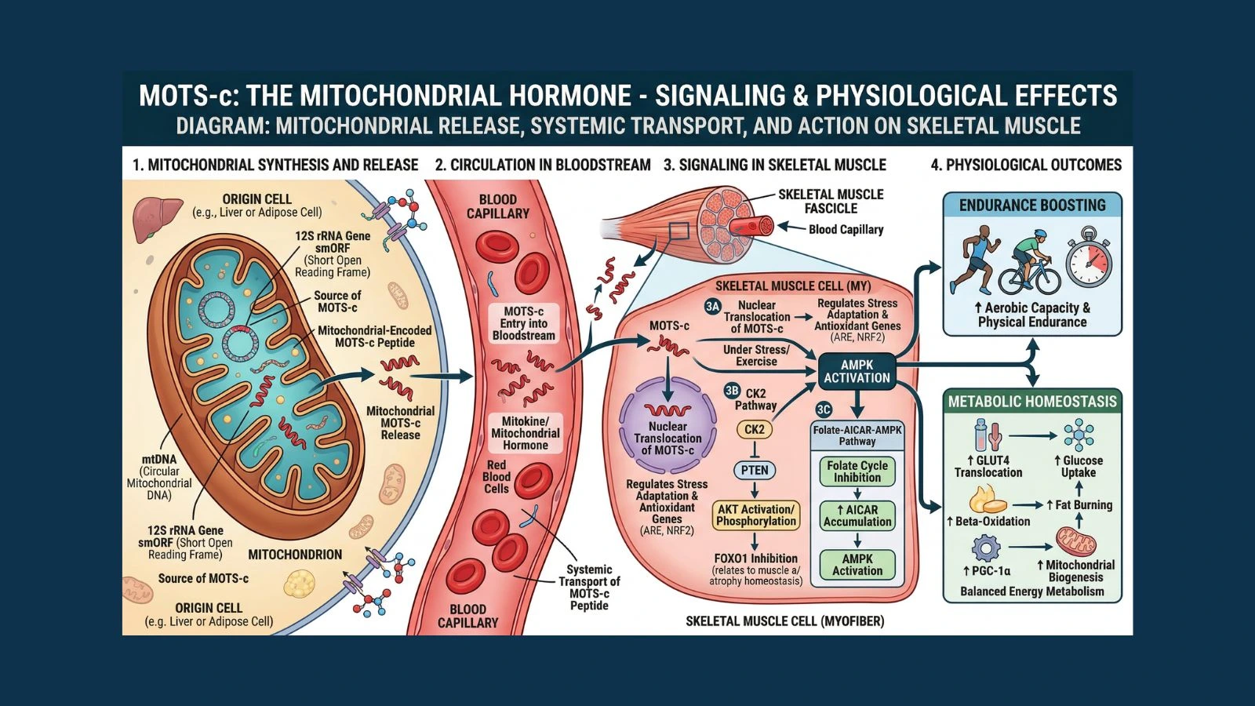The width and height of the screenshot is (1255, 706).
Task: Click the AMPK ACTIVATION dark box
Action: pos(857,371)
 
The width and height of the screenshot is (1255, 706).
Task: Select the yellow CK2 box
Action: pos(754,429)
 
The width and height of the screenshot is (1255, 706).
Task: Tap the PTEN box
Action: pos(755,470)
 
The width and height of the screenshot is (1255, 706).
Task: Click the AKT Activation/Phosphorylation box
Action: pos(756,515)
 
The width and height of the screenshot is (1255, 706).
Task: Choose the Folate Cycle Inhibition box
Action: pos(857,471)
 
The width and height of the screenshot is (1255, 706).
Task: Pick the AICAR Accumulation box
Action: pos(857,515)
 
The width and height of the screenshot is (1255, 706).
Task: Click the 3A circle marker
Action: pos(712,307)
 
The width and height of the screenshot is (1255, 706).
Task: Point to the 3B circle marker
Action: pos(732,391)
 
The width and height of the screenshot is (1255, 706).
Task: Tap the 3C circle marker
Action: pos(824,409)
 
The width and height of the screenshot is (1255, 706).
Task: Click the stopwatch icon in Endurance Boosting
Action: pos(1088,258)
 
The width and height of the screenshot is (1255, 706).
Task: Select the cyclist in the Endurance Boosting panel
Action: pos(1028,263)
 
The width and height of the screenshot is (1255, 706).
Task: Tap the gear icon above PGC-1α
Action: pos(985,548)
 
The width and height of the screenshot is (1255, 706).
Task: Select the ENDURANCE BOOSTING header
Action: pos(1032,206)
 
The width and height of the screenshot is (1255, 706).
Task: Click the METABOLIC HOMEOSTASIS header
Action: pos(1032,402)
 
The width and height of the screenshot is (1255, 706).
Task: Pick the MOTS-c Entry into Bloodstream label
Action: pos(523,323)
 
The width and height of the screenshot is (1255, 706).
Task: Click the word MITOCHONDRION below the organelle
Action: pos(295,555)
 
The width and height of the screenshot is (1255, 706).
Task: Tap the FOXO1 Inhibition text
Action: pos(755,559)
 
